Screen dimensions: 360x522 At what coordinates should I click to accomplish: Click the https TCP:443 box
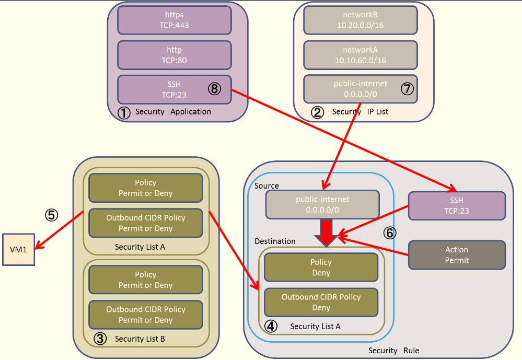(175, 20)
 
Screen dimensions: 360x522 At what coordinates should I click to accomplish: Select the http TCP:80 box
(175, 55)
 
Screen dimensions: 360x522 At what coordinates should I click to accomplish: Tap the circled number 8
(214, 89)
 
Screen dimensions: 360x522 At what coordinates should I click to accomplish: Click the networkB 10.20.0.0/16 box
(360, 20)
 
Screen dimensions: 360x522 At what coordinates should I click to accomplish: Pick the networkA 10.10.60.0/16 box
(360, 55)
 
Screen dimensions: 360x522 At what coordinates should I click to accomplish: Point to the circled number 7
(407, 89)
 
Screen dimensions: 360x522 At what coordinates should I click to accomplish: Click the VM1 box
(18, 250)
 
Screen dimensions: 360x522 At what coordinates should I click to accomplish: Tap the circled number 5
(51, 215)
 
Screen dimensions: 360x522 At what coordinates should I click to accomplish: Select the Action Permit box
(456, 255)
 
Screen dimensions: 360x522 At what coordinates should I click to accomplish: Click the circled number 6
(390, 233)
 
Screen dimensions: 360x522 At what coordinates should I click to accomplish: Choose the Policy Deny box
(321, 268)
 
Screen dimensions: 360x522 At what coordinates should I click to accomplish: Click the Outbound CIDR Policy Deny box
(321, 303)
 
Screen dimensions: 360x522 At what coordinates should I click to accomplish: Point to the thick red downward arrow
(326, 231)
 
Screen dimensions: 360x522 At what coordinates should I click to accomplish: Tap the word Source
(266, 186)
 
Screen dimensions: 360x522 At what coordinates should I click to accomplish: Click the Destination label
(275, 241)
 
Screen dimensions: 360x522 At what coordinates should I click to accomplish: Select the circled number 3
(100, 339)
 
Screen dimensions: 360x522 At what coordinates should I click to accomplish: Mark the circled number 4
(271, 326)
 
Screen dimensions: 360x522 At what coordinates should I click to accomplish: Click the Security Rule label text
(393, 351)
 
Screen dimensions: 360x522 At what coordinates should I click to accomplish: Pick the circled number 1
(124, 112)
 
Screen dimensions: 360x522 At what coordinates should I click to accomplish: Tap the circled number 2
(318, 112)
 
